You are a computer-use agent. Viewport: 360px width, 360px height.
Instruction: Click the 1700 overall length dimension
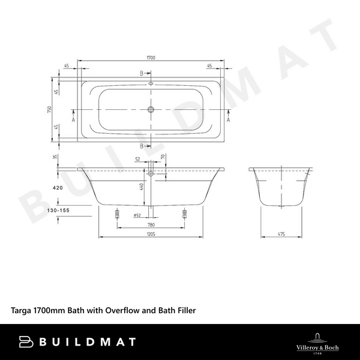point(151,58)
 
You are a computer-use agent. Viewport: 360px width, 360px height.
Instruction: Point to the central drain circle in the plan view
point(151,110)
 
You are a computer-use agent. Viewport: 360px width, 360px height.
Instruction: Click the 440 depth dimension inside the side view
point(142,187)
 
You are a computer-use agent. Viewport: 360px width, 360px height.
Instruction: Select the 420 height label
point(58,188)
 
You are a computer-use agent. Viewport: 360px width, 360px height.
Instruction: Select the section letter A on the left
point(73,119)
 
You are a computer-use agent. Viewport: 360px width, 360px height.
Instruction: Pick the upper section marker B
point(142,74)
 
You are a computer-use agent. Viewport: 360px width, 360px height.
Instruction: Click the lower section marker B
point(142,146)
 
